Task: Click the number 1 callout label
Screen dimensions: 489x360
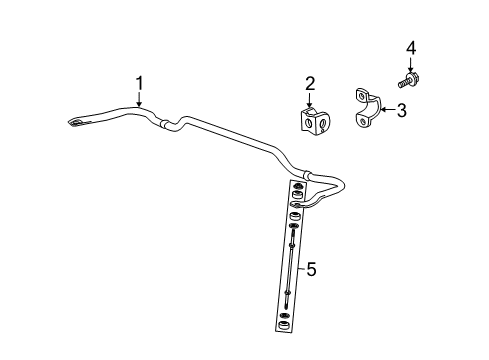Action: click(141, 84)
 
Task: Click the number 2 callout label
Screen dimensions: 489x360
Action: click(310, 84)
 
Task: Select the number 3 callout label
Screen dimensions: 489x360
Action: click(401, 111)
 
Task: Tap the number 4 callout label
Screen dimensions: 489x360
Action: click(409, 47)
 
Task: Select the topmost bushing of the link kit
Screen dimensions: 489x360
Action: click(297, 188)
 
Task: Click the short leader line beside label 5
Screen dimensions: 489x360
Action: click(301, 268)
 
